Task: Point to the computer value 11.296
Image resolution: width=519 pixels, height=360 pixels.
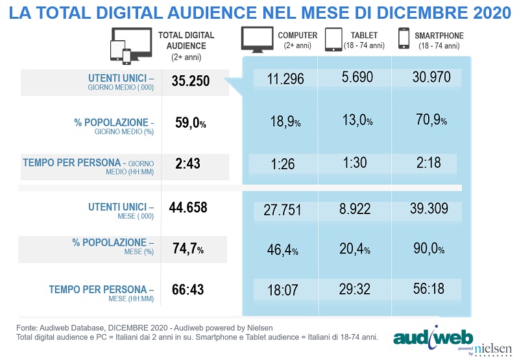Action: coord(286,78)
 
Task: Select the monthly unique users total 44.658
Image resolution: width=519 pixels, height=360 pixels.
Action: coord(192,207)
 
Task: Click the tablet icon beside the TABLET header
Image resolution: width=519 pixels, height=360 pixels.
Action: coord(333,39)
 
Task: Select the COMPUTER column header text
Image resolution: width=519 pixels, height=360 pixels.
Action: coord(297,35)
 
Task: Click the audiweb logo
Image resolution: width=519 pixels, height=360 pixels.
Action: coord(433,338)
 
